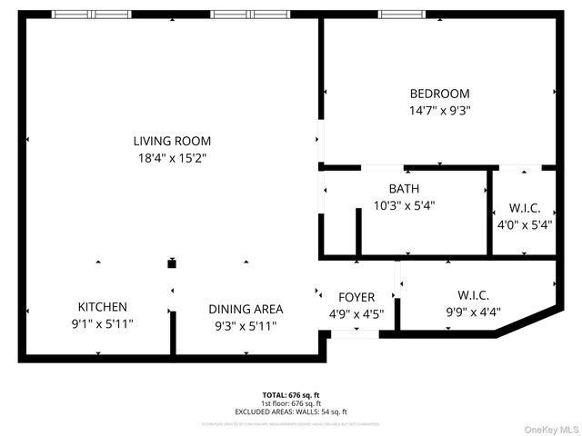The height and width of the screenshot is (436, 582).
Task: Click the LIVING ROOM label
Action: coord(172,141)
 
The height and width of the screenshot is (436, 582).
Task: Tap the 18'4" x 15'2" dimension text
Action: coord(172,158)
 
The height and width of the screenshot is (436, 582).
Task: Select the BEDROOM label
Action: coord(439,94)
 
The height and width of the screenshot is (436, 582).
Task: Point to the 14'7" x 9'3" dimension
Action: coord(439,111)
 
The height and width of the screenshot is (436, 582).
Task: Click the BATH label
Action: coord(404,188)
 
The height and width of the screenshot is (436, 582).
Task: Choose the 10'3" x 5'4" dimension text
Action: coord(404,205)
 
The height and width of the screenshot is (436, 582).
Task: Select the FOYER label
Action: coord(356,298)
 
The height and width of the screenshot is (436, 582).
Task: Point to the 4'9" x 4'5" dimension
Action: coord(356,315)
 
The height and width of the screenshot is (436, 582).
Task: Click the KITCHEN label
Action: coord(102,307)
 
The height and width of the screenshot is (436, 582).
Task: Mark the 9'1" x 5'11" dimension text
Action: coord(102,324)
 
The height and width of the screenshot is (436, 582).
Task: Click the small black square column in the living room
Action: coord(171,264)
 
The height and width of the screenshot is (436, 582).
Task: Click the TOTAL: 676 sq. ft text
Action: coord(291,395)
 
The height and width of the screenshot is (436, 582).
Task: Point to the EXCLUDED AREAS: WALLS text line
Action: coord(291,411)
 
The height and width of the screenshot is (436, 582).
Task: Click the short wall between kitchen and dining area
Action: coord(172,333)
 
